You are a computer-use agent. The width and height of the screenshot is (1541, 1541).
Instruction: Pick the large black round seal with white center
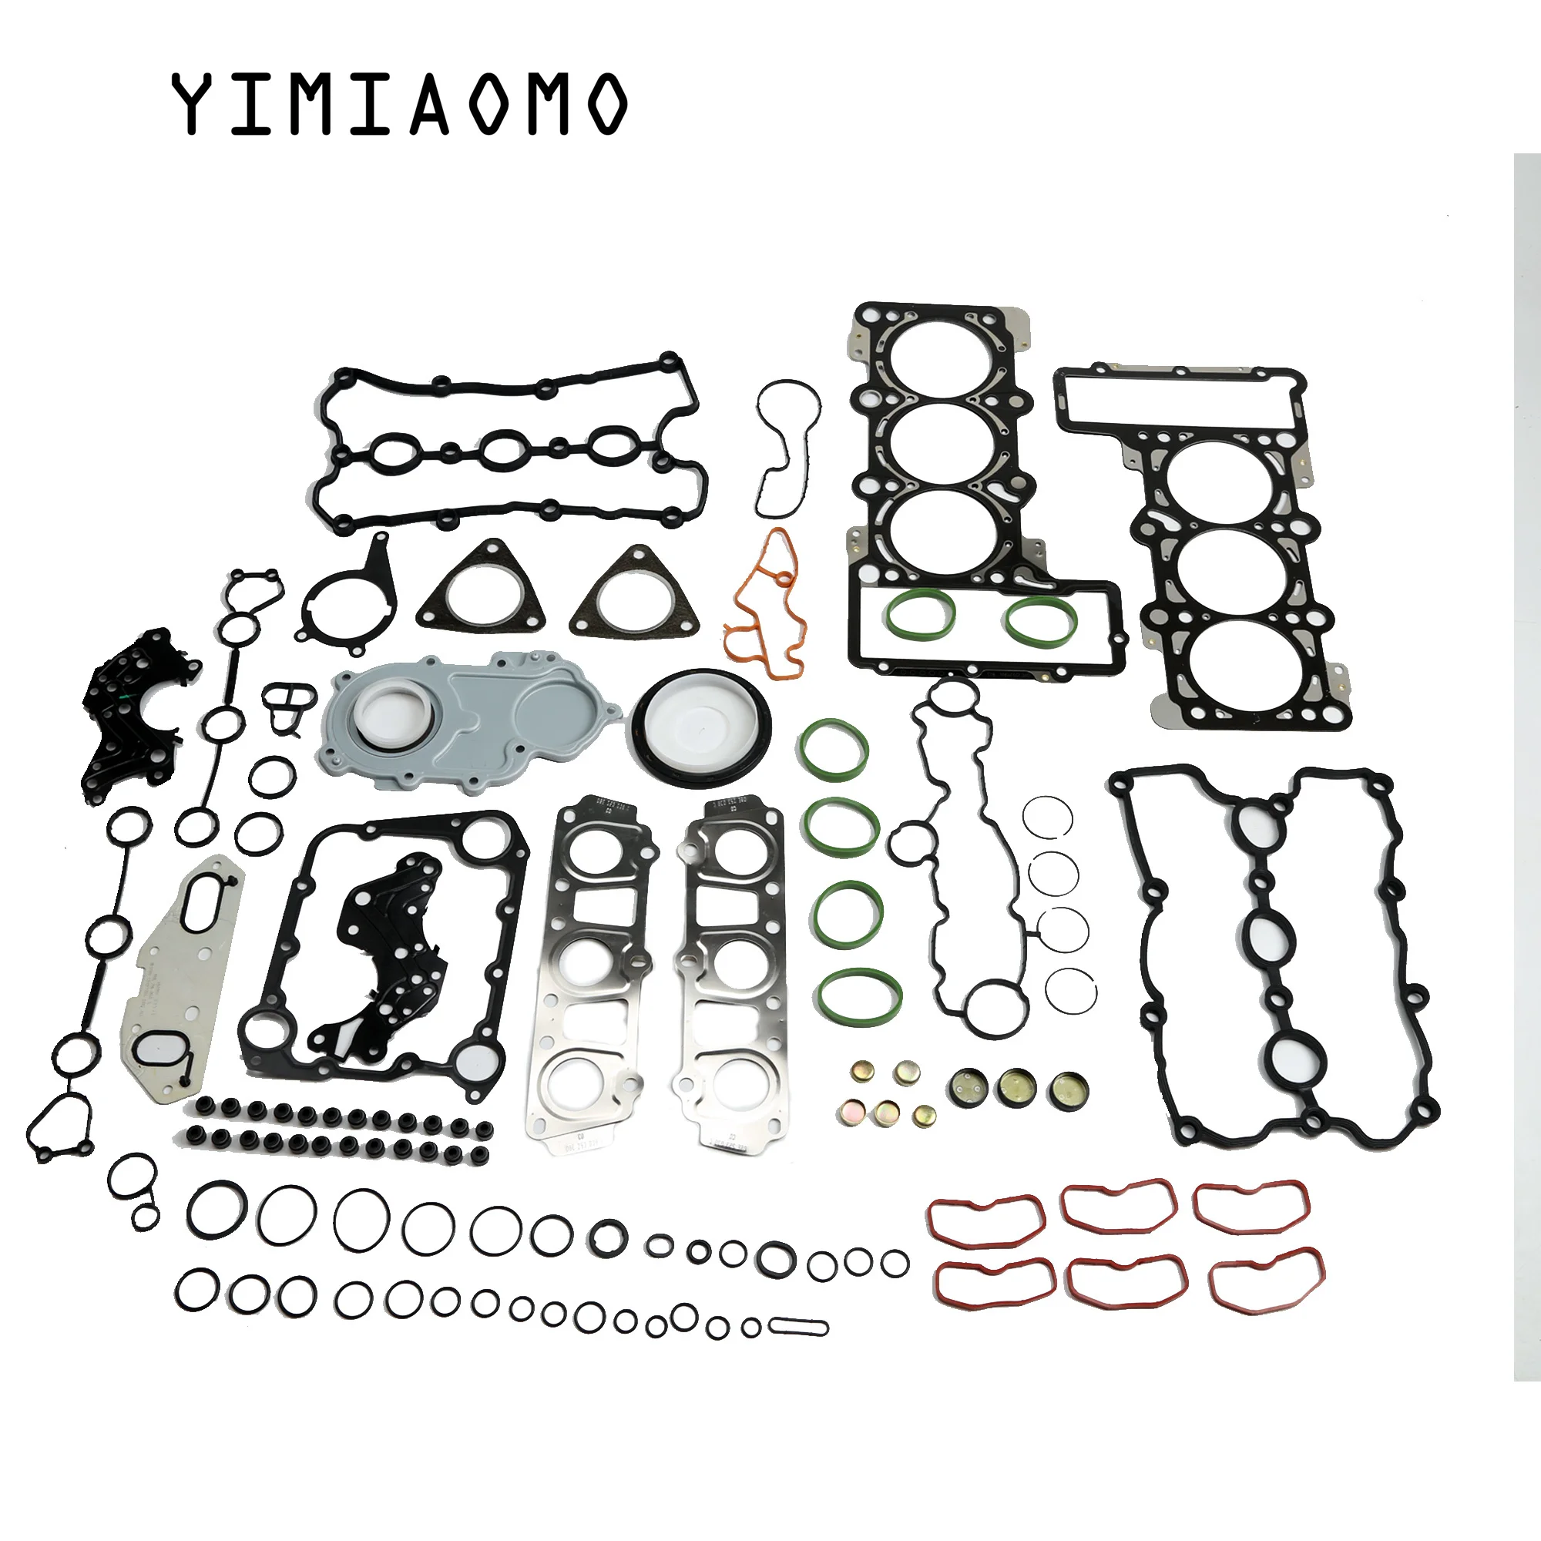[702, 727]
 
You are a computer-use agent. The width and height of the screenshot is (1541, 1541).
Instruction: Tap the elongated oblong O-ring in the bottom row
[798, 1328]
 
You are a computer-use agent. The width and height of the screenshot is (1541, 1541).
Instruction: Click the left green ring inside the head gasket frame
[920, 614]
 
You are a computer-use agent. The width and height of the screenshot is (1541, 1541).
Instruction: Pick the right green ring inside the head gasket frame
[1042, 619]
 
